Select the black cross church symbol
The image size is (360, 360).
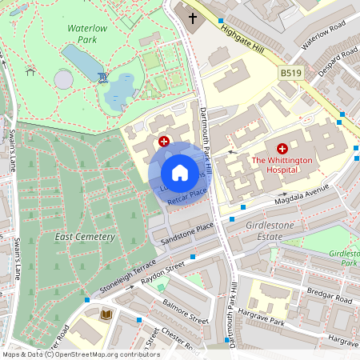(193, 18)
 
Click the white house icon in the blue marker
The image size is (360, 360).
(180, 173)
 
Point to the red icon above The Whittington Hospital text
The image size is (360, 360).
(282, 149)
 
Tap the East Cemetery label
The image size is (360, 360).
(85, 237)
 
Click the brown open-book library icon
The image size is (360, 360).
(105, 315)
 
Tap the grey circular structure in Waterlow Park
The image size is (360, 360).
(64, 80)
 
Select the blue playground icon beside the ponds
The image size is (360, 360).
(102, 77)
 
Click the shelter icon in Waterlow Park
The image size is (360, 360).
(30, 71)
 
